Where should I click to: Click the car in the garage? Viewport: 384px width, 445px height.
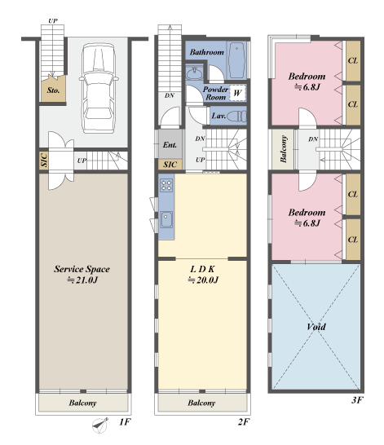(x=99, y=88)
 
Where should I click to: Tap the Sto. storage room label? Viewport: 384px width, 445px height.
(x=53, y=90)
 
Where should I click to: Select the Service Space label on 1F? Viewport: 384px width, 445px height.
(x=82, y=269)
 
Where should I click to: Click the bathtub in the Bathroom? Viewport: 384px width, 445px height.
(x=237, y=60)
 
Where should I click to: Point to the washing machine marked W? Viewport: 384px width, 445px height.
(x=237, y=93)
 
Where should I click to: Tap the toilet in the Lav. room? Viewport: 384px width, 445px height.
(x=237, y=116)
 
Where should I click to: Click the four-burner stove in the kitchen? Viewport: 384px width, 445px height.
(x=166, y=185)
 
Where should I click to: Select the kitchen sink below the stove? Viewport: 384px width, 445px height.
(x=166, y=220)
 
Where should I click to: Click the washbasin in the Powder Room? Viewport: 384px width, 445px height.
(x=194, y=73)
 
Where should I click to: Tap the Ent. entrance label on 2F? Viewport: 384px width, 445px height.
(x=170, y=145)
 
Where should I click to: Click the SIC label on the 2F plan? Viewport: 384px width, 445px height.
(x=170, y=165)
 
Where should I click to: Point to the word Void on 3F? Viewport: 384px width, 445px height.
(x=316, y=327)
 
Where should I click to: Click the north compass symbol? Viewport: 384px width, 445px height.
(x=100, y=425)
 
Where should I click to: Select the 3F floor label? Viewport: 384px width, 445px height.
(x=357, y=400)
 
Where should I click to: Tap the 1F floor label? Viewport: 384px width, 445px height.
(x=125, y=422)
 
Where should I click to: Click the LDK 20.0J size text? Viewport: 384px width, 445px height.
(x=203, y=280)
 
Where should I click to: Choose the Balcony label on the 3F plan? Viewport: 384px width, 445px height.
(x=284, y=149)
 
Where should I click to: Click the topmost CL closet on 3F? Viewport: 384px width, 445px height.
(x=353, y=61)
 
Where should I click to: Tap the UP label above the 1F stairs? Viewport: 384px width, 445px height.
(x=52, y=20)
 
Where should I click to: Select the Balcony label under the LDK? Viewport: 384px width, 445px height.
(x=201, y=403)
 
